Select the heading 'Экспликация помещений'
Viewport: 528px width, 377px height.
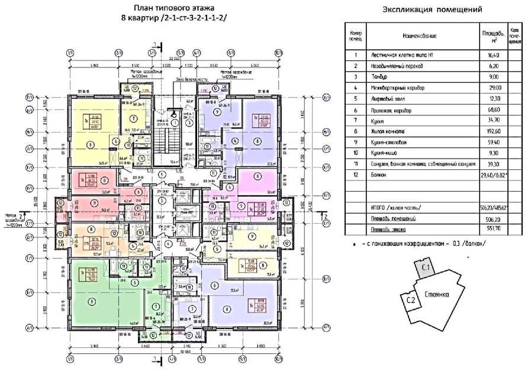pyautogui.click(x=432, y=9)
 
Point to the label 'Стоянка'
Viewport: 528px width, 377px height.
pyautogui.click(x=436, y=294)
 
